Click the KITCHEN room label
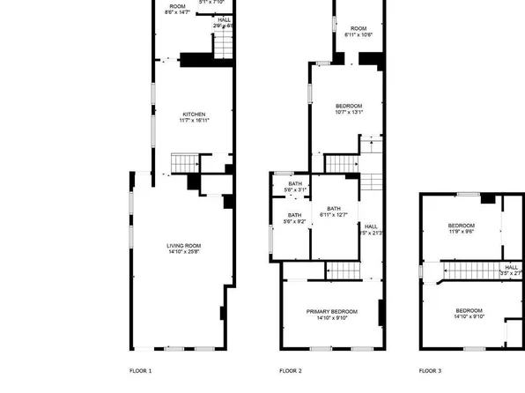click(194, 114)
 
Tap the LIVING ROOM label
click(184, 246)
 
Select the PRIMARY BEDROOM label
click(332, 312)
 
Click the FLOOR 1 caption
click(141, 371)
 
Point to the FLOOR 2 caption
click(291, 371)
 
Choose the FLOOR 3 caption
click(430, 371)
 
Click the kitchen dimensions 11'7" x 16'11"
click(194, 121)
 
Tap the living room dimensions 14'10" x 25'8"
click(184, 253)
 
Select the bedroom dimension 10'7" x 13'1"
click(348, 113)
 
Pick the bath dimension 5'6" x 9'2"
click(294, 222)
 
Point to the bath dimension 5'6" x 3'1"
click(295, 190)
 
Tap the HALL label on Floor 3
click(511, 267)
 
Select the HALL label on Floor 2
click(372, 226)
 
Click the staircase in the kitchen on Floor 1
click(183, 164)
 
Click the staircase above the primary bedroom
click(340, 271)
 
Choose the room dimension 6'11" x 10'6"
click(358, 35)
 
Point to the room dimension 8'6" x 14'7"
click(179, 12)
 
